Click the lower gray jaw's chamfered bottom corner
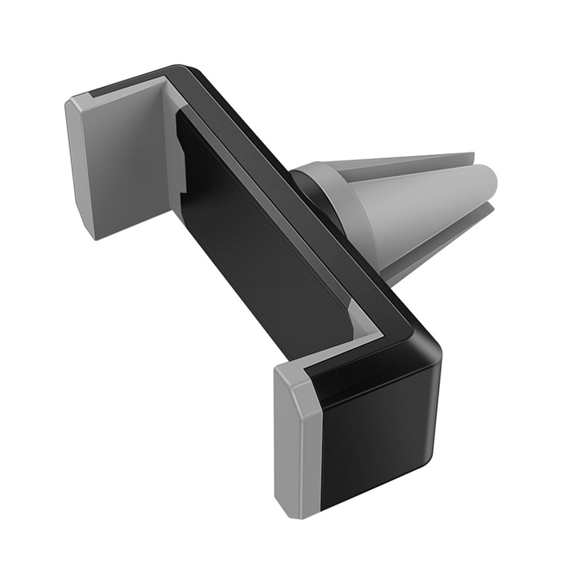tap(298, 509)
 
